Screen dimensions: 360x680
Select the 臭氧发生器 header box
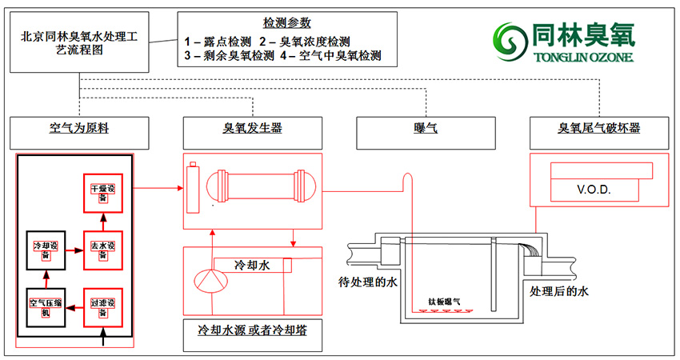(252, 129)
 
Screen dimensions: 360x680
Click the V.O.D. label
(594, 190)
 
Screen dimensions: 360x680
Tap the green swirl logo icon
(509, 38)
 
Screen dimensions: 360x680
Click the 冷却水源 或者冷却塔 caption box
(252, 330)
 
